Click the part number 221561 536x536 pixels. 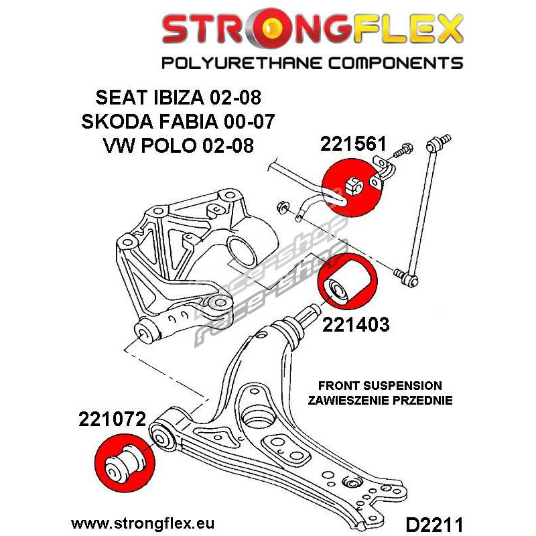(x=353, y=144)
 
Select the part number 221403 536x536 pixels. (x=356, y=324)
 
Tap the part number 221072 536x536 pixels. (x=113, y=419)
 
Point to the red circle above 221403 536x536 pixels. (x=348, y=281)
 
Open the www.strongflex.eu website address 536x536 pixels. (x=143, y=523)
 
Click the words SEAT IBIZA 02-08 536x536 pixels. (x=178, y=97)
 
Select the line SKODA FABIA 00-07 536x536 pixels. (x=178, y=121)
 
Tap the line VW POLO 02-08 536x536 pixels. (x=178, y=145)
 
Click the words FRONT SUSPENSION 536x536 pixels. (x=380, y=386)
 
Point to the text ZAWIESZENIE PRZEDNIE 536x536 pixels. (x=380, y=400)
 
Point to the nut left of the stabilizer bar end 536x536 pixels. (x=283, y=207)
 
